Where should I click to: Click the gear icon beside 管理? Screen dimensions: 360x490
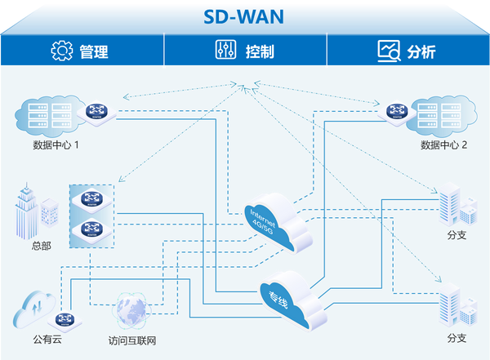coord(62,51)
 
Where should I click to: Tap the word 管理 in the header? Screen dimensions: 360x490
coord(94,51)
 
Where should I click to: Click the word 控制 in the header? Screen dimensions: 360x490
coord(260,51)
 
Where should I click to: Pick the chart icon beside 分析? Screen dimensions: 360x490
coord(389,51)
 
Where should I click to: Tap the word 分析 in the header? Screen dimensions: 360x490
coord(421,51)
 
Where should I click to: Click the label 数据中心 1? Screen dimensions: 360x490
coord(56,145)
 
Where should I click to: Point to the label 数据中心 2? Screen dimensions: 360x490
coord(443,145)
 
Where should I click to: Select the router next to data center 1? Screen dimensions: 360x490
coord(96,111)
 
